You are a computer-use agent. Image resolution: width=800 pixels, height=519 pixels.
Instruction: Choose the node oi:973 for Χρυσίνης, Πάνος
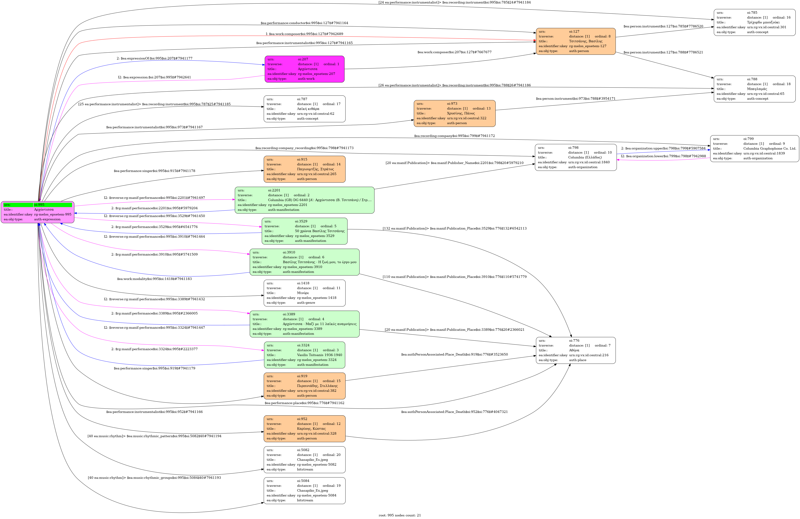point(454,114)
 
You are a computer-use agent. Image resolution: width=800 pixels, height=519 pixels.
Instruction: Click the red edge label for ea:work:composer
point(304,34)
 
